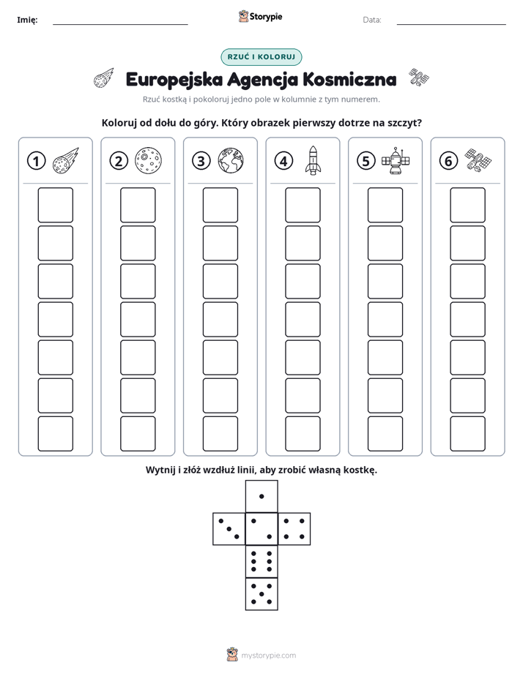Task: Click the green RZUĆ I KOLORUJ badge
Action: point(261,57)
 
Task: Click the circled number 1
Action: point(36,161)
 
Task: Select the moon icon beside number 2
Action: point(148,161)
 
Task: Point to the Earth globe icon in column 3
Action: point(231,161)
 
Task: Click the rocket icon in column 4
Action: point(313,160)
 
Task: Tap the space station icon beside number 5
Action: point(396,160)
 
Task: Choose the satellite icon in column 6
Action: point(478,161)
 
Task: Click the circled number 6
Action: point(448,161)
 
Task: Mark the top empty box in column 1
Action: point(55,205)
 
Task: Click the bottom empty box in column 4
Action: point(303,434)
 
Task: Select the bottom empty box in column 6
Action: point(467,434)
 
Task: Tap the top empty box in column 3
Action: point(220,205)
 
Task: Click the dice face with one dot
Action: point(261,496)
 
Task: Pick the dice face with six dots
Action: point(261,561)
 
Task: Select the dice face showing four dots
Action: point(294,529)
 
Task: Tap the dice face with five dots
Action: point(261,594)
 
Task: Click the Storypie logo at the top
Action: point(260,17)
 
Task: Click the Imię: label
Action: point(27,20)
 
